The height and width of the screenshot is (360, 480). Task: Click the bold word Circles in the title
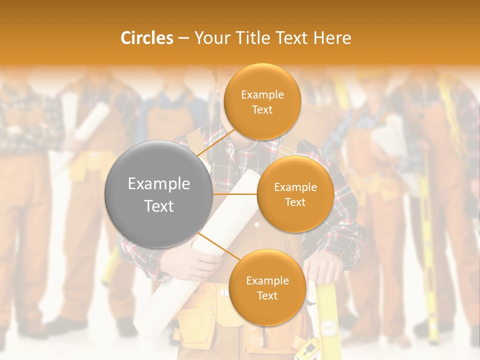(x=147, y=38)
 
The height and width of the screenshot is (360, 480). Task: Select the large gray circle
(x=158, y=194)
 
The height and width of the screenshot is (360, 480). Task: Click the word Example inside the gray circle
(x=158, y=184)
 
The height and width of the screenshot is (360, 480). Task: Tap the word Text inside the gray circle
(x=158, y=206)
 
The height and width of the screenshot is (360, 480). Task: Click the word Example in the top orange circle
(x=262, y=95)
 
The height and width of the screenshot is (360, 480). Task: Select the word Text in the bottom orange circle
(x=267, y=295)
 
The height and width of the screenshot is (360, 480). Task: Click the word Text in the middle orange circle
(x=295, y=202)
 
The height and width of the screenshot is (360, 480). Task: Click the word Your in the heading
(x=210, y=38)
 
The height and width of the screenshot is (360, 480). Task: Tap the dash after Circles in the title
(x=183, y=38)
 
